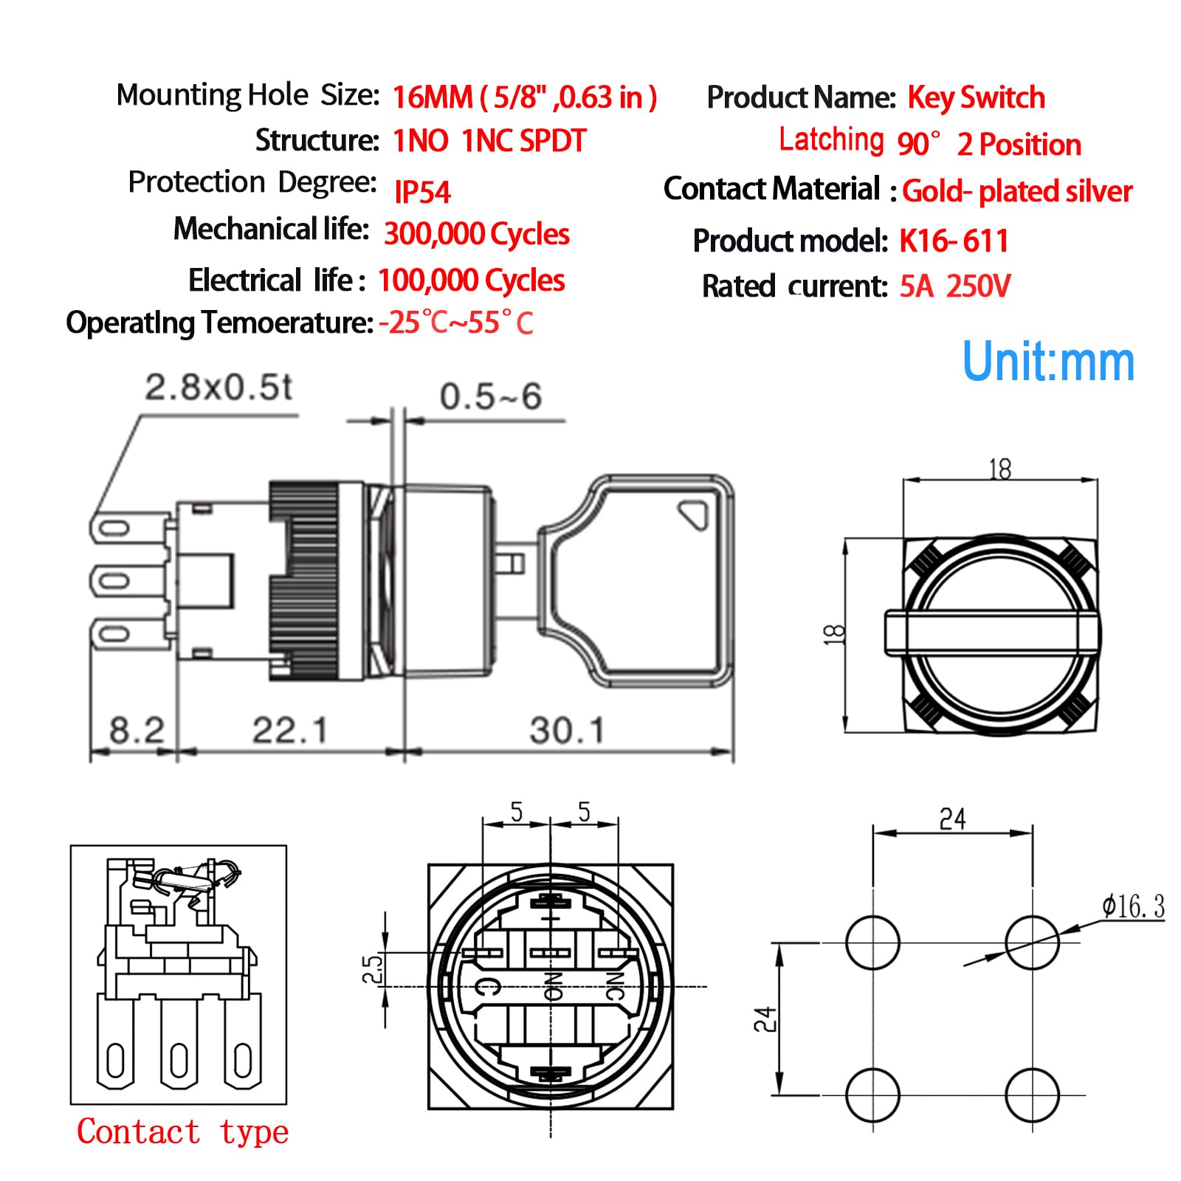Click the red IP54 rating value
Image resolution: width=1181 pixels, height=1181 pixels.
[x=421, y=192]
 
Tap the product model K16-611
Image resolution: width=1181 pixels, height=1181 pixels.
[x=953, y=241]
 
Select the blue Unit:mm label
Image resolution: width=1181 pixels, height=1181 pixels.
[x=1048, y=362]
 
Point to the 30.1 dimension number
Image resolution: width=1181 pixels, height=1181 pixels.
[x=567, y=731]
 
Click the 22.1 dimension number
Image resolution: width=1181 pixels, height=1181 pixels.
[x=289, y=731]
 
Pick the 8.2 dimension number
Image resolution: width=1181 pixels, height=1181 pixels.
[x=137, y=731]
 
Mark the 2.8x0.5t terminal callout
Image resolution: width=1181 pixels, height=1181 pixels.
[x=218, y=388]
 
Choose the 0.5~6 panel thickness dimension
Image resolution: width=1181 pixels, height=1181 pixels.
[x=491, y=397]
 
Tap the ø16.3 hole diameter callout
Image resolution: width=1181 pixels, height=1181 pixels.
[x=1133, y=906]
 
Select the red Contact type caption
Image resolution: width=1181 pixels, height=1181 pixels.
[x=182, y=1132]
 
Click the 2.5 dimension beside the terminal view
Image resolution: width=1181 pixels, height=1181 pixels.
[x=373, y=968]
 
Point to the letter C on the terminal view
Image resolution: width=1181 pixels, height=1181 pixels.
[x=488, y=985]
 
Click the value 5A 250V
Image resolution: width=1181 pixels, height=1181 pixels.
[x=954, y=286]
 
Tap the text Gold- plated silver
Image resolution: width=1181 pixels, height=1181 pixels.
[x=1016, y=191]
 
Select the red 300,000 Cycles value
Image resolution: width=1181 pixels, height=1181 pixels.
[x=476, y=234]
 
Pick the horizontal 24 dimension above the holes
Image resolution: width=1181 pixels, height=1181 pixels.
[x=952, y=819]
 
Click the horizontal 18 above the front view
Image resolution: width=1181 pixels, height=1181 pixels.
[x=1000, y=469]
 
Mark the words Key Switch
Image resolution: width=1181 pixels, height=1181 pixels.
[x=976, y=97]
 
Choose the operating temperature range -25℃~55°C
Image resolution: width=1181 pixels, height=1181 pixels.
[x=455, y=323]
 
